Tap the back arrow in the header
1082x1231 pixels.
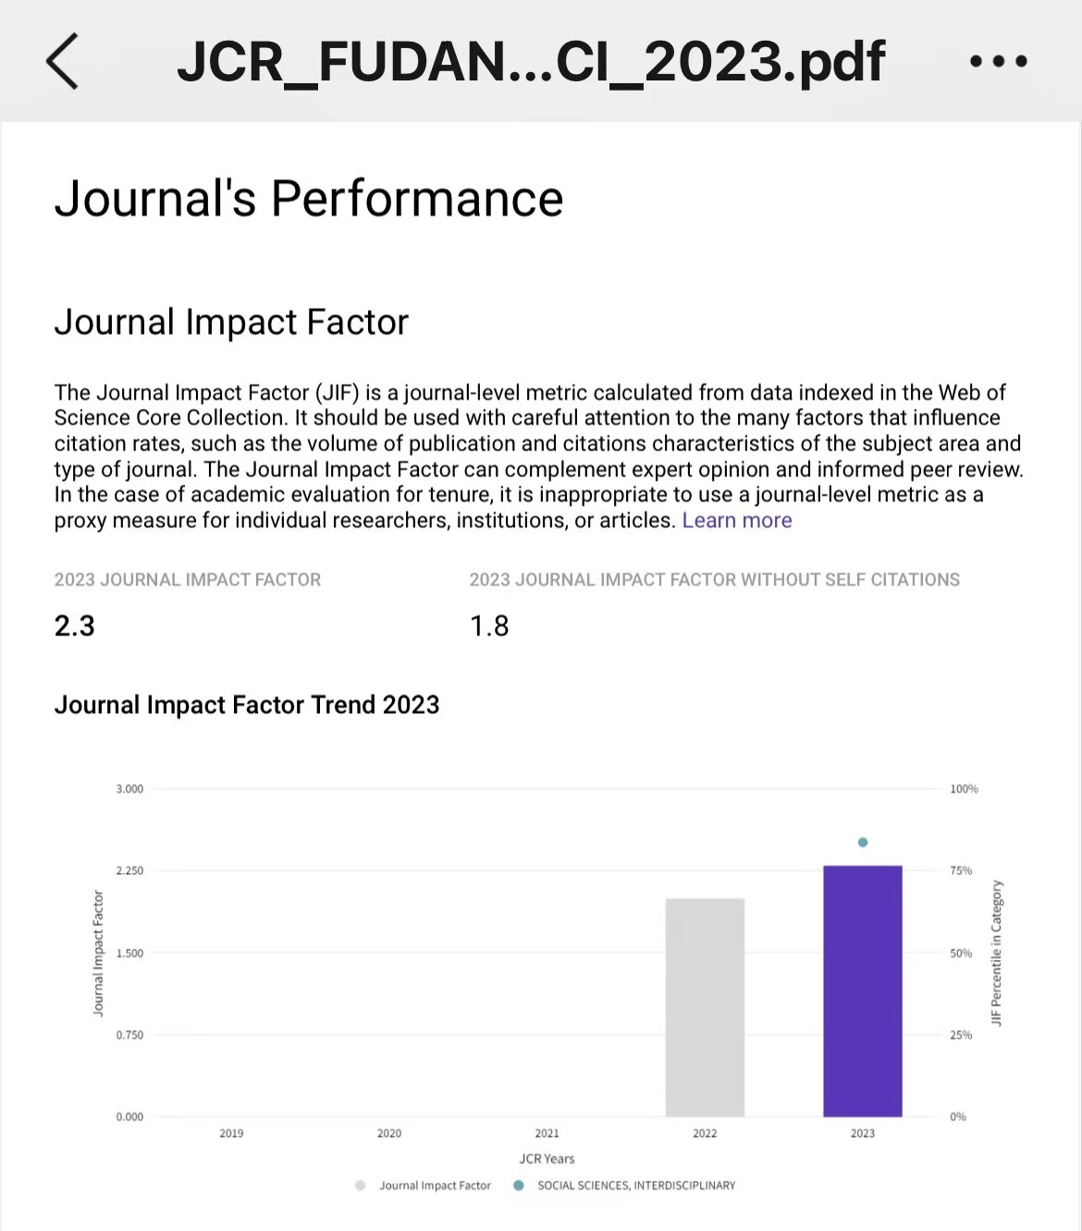click(x=62, y=61)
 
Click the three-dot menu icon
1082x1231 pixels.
click(x=998, y=61)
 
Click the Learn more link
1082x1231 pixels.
click(x=737, y=520)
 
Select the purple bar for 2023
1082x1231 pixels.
click(x=862, y=991)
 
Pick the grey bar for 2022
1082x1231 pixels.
click(x=705, y=1007)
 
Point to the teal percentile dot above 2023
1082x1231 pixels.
click(x=863, y=843)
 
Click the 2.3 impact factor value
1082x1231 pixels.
click(x=74, y=626)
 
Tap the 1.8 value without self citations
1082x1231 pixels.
click(x=489, y=626)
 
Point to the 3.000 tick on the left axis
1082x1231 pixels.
click(x=129, y=789)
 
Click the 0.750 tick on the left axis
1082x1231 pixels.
click(x=129, y=1035)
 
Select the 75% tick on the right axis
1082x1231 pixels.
click(x=961, y=870)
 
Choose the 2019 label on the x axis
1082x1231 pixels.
click(x=231, y=1133)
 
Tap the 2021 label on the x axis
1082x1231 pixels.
click(x=547, y=1133)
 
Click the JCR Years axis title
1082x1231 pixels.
click(x=547, y=1159)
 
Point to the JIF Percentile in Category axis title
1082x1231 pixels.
click(x=996, y=953)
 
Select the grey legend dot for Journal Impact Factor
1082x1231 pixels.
click(x=361, y=1186)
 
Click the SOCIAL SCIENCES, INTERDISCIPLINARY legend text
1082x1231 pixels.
click(x=636, y=1186)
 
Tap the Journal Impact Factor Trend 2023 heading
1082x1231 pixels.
click(x=247, y=705)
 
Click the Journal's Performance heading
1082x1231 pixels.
click(x=309, y=198)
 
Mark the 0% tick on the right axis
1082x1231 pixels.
click(x=958, y=1116)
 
